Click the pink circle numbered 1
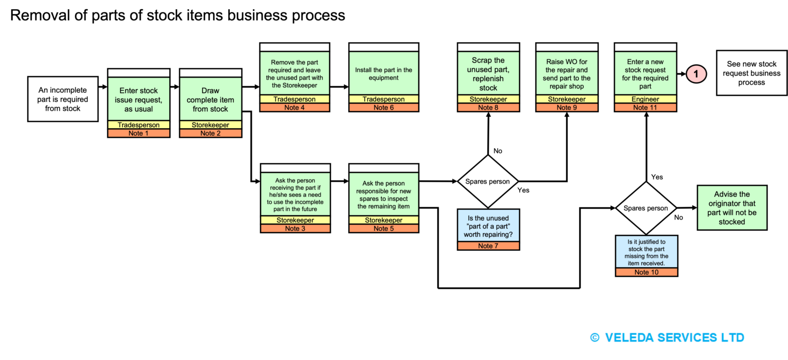[x=696, y=74]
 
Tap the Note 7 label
[x=488, y=246]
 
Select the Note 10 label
[x=646, y=272]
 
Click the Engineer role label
[x=645, y=99]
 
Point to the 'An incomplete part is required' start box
[x=63, y=99]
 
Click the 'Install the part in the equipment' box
[x=383, y=73]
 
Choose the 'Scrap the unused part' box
[x=488, y=73]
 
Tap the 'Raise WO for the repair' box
[x=567, y=73]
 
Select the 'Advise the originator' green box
[x=732, y=208]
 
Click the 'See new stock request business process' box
[x=752, y=73]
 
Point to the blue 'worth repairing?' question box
[x=488, y=226]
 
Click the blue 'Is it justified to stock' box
[x=646, y=252]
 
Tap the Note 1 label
[x=139, y=133]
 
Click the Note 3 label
[x=295, y=229]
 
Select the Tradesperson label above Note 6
[x=383, y=99]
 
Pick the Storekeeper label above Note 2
[x=210, y=125]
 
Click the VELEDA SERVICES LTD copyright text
[x=667, y=337]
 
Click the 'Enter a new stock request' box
[x=645, y=73]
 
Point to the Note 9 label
[x=567, y=108]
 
